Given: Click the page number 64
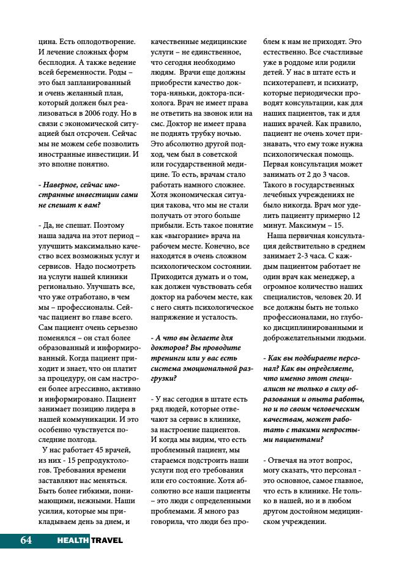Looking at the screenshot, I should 26,540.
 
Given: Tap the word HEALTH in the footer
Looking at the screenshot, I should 73,540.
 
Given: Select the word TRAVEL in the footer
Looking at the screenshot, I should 107,540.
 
